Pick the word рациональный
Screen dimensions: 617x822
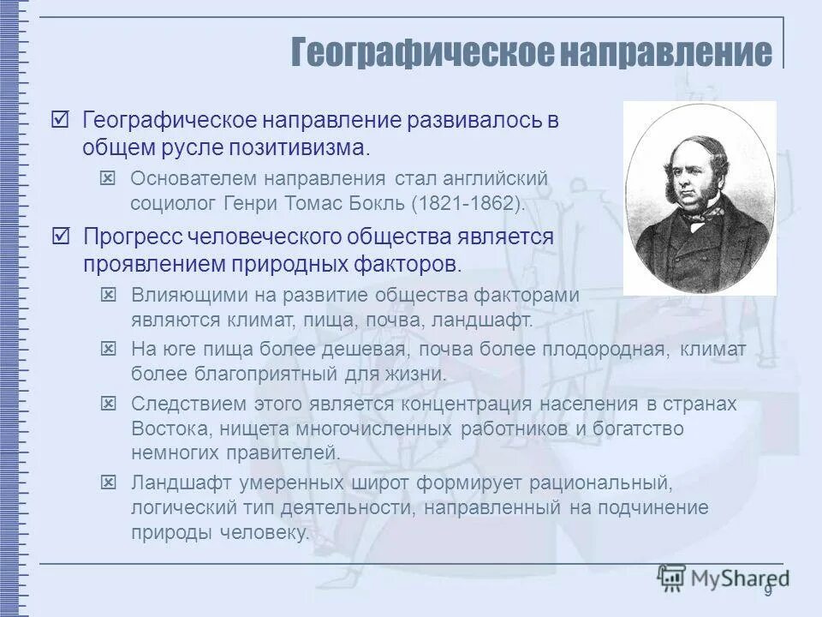pyautogui.click(x=593, y=482)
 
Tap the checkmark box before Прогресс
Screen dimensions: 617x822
pyautogui.click(x=61, y=236)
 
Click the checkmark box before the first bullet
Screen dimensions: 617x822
pyautogui.click(x=61, y=120)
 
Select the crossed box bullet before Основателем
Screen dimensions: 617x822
pyautogui.click(x=108, y=178)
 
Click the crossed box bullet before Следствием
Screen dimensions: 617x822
pyautogui.click(x=108, y=404)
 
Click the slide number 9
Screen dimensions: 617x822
pyautogui.click(x=768, y=590)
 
